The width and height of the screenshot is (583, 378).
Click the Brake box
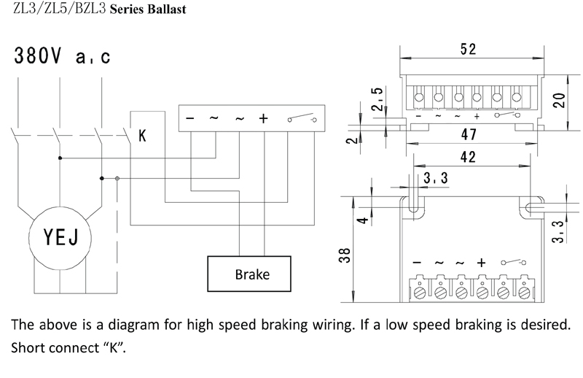249,274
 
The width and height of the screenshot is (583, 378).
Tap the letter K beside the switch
142,136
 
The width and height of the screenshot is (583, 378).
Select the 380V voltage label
36,56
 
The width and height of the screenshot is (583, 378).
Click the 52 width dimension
468,49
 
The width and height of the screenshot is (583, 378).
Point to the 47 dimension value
469,134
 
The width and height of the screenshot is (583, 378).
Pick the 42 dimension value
468,157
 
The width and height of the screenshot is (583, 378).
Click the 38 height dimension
345,255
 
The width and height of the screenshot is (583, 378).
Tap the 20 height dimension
560,100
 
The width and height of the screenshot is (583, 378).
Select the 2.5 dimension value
377,99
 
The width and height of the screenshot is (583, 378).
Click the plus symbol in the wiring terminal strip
263,118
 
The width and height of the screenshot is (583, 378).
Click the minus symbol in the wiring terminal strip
190,118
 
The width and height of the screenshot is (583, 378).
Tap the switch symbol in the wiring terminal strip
302,118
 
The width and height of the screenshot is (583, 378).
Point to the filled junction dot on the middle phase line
60,158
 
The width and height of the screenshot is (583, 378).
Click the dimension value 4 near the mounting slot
364,220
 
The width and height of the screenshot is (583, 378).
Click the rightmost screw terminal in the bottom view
524,292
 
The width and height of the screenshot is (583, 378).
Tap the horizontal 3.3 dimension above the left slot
435,178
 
